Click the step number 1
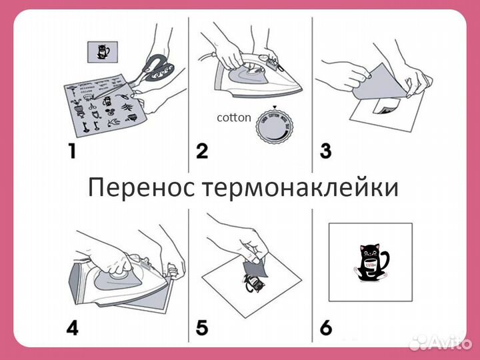[x=71, y=151]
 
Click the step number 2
[x=202, y=151]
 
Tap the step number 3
[x=325, y=151]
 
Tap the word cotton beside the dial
[x=234, y=118]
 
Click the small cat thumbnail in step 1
[x=102, y=51]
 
